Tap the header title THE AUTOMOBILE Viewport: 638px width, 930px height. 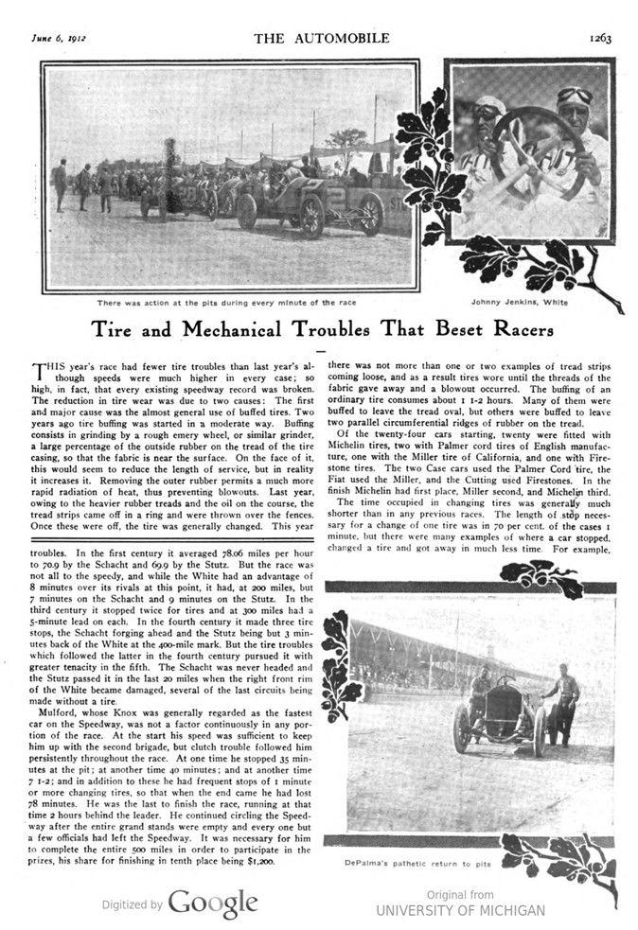319,38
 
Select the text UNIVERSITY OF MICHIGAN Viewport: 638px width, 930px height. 460,910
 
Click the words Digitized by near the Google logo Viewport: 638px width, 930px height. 132,904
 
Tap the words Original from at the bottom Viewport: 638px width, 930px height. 460,894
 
